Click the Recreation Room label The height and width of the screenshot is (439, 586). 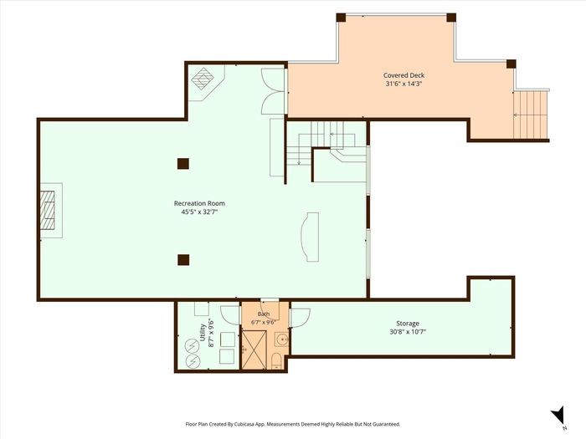pos(199,203)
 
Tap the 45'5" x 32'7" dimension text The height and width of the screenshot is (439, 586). pos(199,212)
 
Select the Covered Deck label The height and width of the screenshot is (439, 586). pos(404,75)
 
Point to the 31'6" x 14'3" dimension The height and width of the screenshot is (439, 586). pos(404,84)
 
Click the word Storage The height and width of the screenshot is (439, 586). pos(408,324)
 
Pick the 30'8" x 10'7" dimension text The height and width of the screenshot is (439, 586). pos(408,331)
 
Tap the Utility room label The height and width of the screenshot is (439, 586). pos(203,332)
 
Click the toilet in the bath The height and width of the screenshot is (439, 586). pos(276,361)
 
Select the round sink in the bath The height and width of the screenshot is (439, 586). pos(282,339)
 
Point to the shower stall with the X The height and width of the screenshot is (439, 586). pos(254,350)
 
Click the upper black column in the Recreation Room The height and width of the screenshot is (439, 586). pos(183,164)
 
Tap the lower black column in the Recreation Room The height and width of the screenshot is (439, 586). pos(183,260)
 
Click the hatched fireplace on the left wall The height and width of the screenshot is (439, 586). pos(48,210)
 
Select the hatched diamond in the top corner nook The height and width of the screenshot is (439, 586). pos(203,79)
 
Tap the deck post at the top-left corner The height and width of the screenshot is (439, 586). pos(341,18)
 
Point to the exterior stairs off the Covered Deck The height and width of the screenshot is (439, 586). pos(530,115)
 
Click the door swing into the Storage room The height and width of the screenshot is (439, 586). pos(300,318)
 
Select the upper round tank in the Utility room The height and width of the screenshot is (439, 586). pos(193,347)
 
